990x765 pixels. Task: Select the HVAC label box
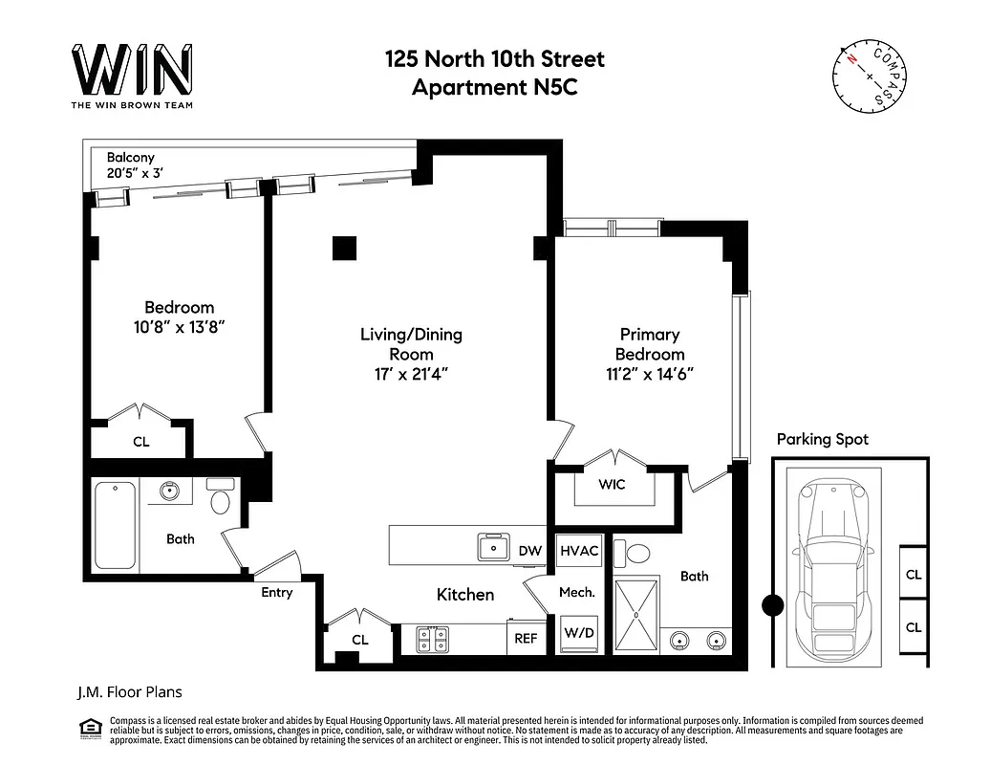(579, 551)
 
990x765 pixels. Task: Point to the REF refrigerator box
(527, 638)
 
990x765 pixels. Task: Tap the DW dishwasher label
(530, 551)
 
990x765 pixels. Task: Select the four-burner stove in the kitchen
(435, 638)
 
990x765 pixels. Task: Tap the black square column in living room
(344, 248)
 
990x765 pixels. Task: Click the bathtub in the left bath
(117, 524)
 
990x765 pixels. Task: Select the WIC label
(612, 484)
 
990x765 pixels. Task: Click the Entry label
(277, 593)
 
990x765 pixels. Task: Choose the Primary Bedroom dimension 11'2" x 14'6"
(650, 374)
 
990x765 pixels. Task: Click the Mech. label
(577, 592)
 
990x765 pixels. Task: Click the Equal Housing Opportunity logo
(91, 729)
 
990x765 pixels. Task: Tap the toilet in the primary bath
(635, 553)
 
